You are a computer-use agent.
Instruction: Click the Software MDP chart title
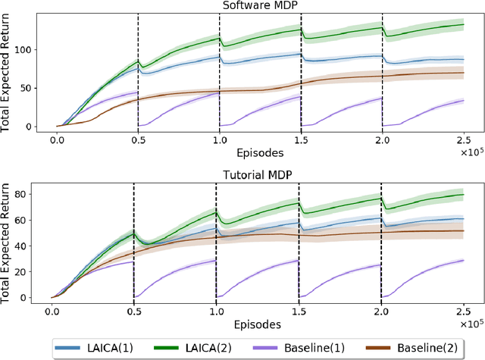(x=260, y=6)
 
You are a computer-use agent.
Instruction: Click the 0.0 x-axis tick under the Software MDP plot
(x=57, y=141)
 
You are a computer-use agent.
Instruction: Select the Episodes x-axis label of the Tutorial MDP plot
(x=258, y=323)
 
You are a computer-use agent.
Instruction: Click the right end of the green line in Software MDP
(x=464, y=25)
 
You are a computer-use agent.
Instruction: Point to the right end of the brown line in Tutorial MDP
(x=464, y=231)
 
